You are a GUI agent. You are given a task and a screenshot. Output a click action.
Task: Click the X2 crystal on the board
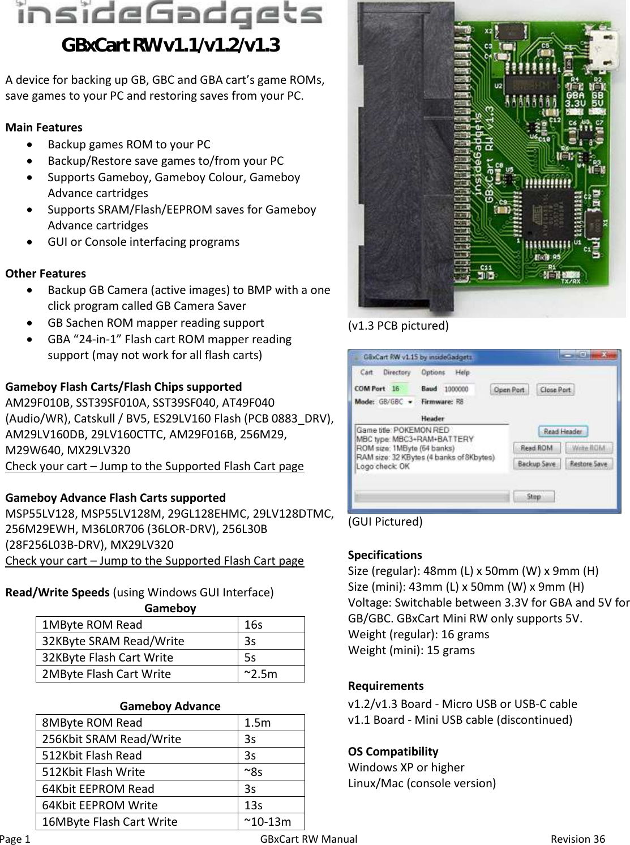coord(508,32)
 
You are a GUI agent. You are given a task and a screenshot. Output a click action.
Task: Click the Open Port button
coord(509,390)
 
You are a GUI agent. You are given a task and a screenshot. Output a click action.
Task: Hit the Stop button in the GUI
coord(534,497)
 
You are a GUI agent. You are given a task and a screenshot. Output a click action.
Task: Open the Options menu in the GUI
coord(433,373)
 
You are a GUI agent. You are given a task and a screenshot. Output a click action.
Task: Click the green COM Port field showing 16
coord(402,389)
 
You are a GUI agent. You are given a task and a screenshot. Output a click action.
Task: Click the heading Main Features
coord(44,127)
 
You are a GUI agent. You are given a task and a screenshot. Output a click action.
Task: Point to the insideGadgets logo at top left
coord(170,16)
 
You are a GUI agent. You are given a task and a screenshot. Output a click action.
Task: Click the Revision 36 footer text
coord(578,838)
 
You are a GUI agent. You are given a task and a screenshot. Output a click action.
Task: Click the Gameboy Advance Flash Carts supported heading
coord(115,498)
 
